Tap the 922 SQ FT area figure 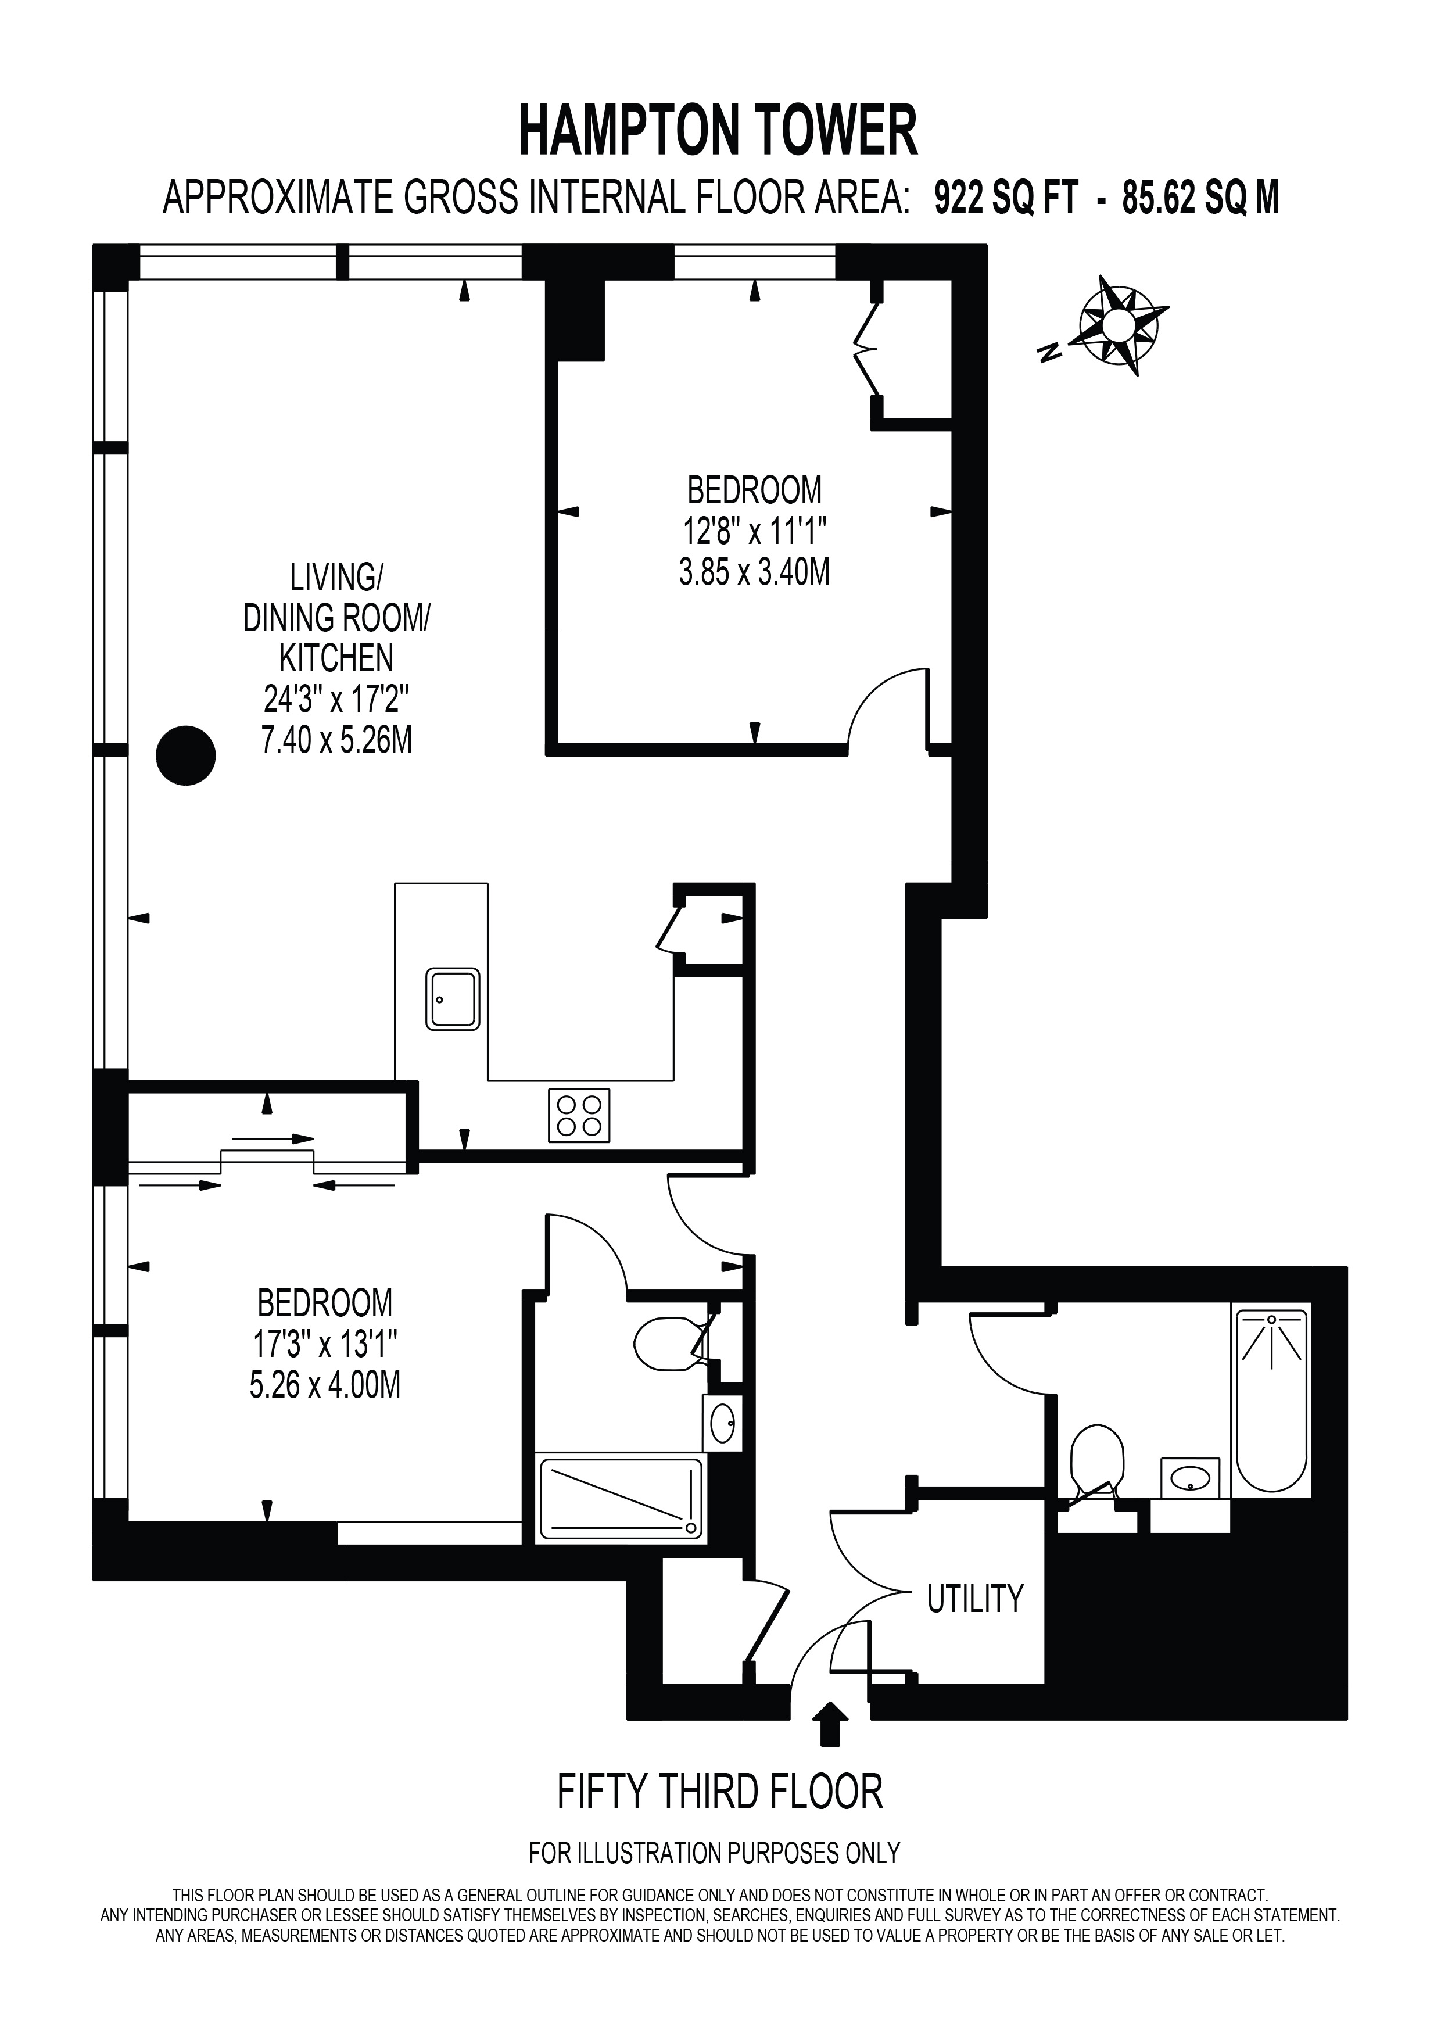point(1005,198)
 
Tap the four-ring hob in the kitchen point(579,1115)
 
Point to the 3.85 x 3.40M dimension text point(754,572)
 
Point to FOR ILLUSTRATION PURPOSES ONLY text point(714,1853)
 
